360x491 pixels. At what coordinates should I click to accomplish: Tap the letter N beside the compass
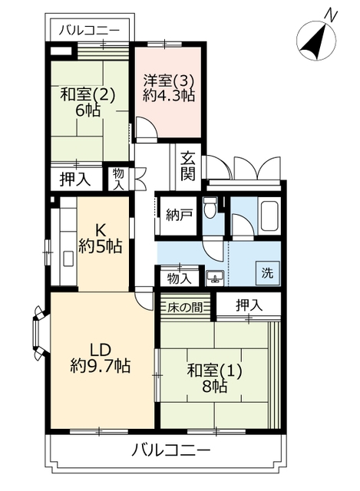331,15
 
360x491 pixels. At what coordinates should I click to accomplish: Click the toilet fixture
210,208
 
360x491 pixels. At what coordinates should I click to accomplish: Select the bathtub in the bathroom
269,216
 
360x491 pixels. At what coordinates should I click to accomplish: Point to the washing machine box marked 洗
268,273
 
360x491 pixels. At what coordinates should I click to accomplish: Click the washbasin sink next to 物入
215,277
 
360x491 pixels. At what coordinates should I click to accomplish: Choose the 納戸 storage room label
177,216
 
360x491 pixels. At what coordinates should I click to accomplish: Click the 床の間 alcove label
184,308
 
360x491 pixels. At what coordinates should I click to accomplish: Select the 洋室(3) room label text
169,81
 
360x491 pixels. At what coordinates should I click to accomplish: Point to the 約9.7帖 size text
101,365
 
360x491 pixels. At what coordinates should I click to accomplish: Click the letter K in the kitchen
101,232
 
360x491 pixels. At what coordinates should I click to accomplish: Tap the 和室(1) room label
214,371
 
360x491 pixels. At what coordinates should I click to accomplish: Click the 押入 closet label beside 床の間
249,305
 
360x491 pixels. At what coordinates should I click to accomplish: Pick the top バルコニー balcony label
89,31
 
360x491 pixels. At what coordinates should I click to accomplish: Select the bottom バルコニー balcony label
170,451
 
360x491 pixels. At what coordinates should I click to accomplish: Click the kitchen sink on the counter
68,259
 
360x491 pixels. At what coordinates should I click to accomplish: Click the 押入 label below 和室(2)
75,179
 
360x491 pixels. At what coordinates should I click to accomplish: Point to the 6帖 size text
88,110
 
